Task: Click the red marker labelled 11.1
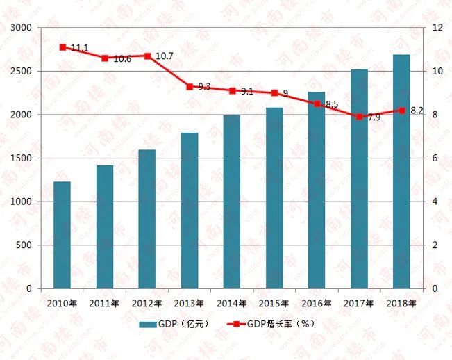point(62,47)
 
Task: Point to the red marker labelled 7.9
point(359,117)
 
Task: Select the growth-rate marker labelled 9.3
point(190,86)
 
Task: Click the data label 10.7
point(164,55)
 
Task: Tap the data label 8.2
point(417,111)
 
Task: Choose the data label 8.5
point(331,104)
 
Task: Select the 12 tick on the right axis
point(437,28)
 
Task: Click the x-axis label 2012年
point(147,303)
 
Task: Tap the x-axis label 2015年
point(274,303)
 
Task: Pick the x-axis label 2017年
point(359,303)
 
